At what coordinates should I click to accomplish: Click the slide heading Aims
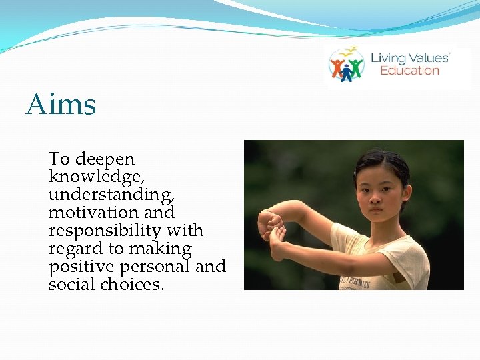61,105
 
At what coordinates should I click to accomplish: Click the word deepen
105,159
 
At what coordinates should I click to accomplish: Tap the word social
71,285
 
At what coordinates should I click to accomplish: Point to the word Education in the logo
409,71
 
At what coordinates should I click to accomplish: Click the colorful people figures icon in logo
347,65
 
